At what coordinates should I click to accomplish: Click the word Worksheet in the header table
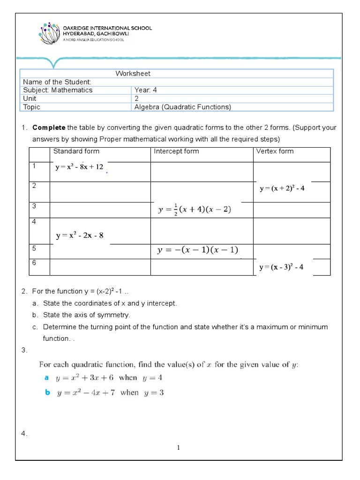pos(133,74)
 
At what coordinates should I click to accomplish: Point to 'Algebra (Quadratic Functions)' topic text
pos(183,107)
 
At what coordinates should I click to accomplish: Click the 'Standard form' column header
pos(76,151)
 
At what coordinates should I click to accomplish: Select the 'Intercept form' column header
pos(176,151)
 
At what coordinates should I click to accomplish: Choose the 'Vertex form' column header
pos(275,151)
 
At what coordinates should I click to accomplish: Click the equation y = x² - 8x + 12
pos(79,167)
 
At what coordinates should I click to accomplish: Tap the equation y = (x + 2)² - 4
pos(282,188)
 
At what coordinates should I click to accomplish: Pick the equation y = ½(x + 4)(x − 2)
pos(195,210)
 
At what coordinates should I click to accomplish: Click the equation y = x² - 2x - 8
pos(79,236)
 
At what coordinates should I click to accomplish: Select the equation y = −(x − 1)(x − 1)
pos(197,251)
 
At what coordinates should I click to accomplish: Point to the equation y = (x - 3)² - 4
pos(282,267)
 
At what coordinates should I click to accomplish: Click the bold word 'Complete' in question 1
pos(49,128)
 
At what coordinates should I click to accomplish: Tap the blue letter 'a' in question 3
pos(46,377)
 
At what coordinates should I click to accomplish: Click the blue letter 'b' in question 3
pos(47,393)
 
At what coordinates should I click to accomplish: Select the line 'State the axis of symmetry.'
pos(87,315)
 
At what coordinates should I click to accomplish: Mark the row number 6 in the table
pos(34,263)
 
